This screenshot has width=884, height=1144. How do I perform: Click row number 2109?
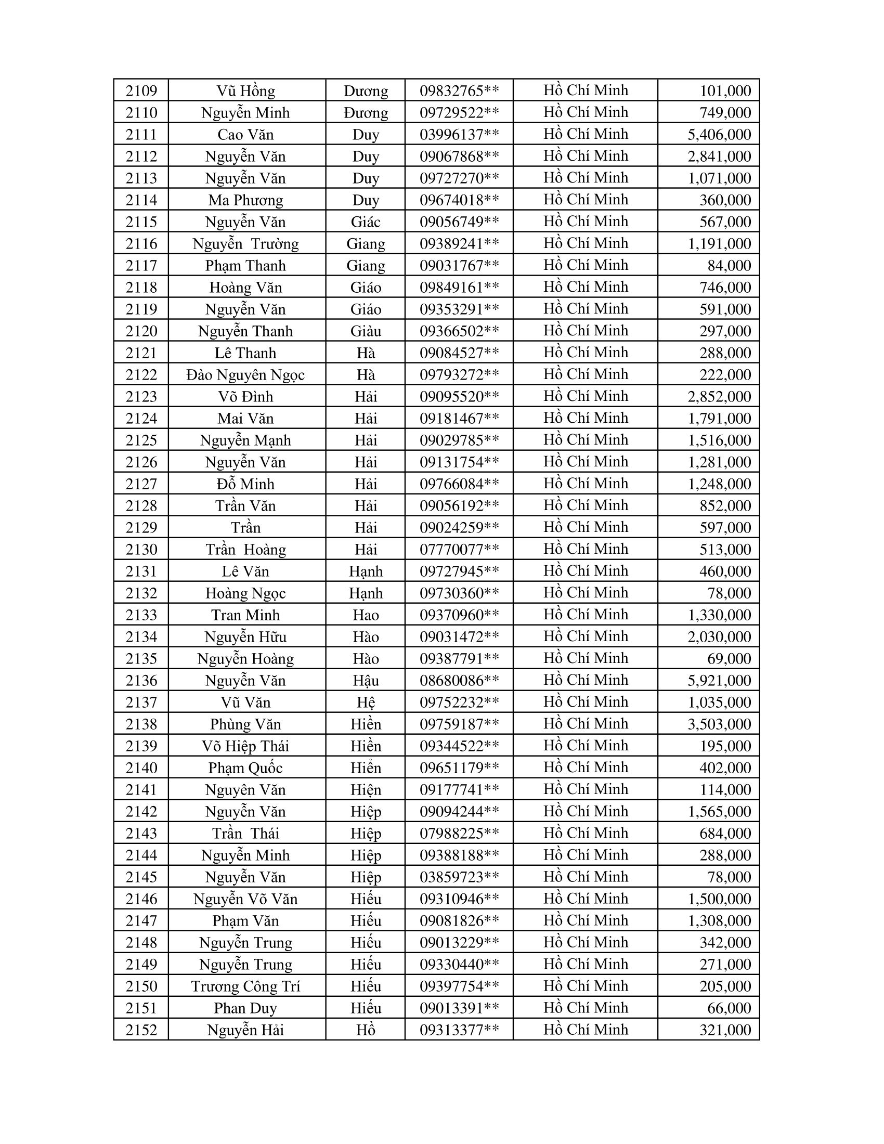141,91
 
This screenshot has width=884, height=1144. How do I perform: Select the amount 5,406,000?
719,135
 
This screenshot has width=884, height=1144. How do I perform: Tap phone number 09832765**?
459,91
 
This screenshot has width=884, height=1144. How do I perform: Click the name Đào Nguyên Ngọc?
245,375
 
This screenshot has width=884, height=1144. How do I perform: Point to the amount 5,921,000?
719,681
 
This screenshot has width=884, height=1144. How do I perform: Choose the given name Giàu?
366,331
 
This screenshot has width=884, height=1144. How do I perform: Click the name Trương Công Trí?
245,986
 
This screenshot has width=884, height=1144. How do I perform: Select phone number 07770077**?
459,550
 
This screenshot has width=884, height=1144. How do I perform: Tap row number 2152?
141,1030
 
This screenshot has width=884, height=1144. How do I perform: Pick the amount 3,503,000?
719,724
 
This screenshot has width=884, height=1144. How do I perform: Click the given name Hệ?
366,703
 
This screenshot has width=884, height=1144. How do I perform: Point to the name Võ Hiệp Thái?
245,746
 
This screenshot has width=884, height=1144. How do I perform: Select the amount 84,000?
729,266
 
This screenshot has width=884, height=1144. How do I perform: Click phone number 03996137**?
459,135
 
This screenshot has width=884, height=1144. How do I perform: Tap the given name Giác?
366,222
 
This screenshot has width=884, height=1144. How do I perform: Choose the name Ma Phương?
245,200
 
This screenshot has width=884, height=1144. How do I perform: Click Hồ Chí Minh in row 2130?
586,549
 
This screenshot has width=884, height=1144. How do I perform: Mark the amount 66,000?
729,1008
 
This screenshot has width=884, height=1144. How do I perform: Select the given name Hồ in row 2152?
366,1030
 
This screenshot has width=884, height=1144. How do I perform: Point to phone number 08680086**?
459,681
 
